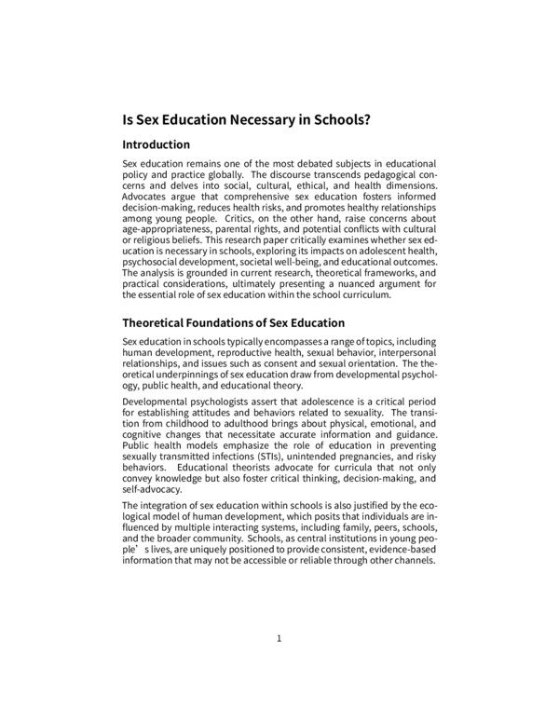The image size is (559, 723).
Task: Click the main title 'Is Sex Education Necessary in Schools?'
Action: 247,120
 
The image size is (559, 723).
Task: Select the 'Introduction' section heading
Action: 157,145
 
